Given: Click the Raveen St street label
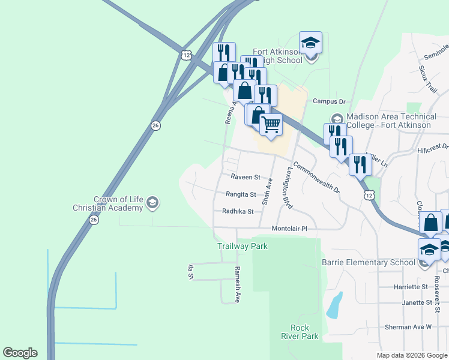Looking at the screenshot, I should [246, 178].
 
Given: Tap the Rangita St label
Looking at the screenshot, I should [241, 194].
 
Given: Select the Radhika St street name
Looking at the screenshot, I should [238, 211].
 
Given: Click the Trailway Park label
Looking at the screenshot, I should [242, 246].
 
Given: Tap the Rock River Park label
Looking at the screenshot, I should [304, 332].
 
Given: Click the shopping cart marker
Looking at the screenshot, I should [271, 125].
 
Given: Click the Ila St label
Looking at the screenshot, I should [191, 272].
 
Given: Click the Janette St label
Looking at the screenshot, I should [417, 303].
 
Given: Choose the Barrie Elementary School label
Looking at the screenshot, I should [368, 262].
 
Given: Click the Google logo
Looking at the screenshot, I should [20, 353].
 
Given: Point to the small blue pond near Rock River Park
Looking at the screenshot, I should [334, 306].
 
